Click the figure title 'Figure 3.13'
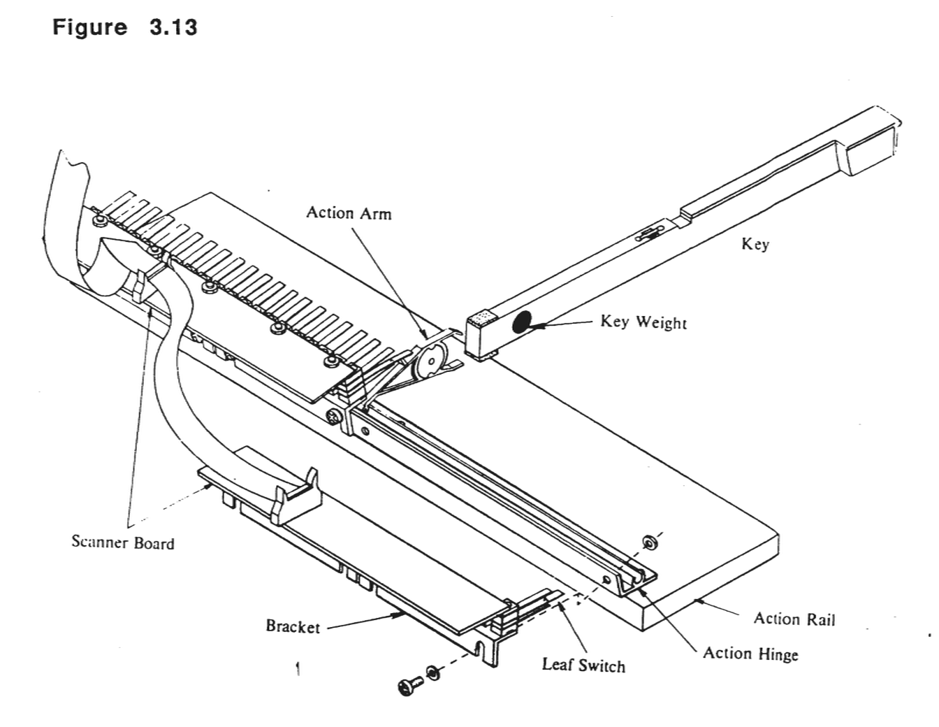[125, 28]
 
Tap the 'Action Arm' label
[349, 213]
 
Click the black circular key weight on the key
[522, 322]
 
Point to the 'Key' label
[755, 244]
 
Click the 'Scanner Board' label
[123, 542]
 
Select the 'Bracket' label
[292, 626]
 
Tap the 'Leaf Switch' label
[583, 665]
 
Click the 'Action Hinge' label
[750, 654]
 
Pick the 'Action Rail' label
[794, 619]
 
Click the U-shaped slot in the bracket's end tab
[481, 650]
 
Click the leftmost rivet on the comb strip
[100, 221]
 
